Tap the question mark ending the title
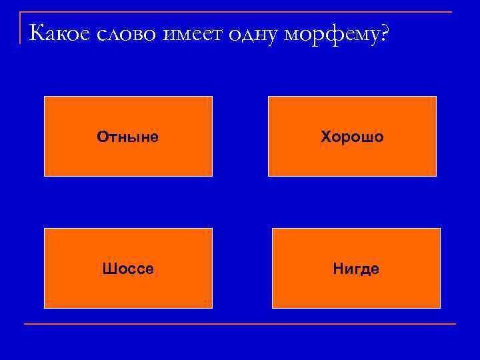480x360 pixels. coord(381,33)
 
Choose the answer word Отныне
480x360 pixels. coord(128,137)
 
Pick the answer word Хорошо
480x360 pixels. coord(352,137)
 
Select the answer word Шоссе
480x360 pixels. coord(128,269)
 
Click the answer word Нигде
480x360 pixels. coord(356,269)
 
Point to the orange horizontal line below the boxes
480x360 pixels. coord(240,324)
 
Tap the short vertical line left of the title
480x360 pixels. coord(21,28)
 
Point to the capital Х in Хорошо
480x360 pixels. coord(325,137)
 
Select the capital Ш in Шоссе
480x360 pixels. coord(108,269)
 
